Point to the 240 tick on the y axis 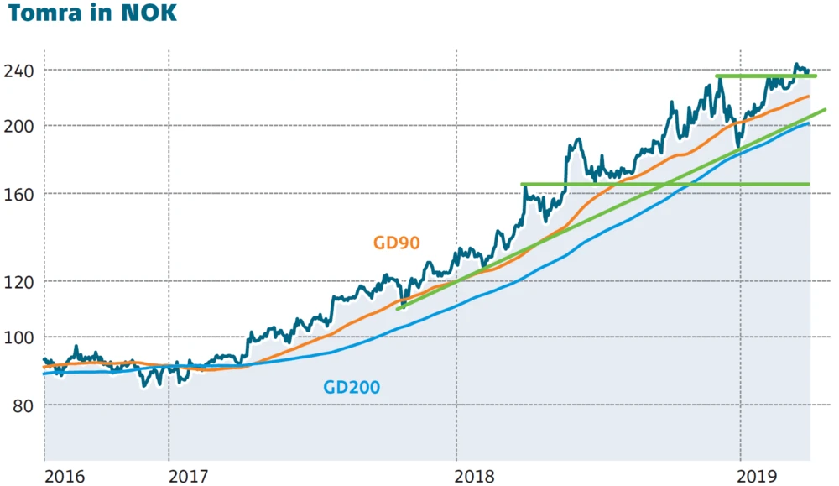click(x=18, y=71)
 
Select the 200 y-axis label click(x=18, y=126)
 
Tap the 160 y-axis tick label click(x=18, y=194)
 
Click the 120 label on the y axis click(x=18, y=282)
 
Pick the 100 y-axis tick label click(x=18, y=337)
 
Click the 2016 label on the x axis click(x=65, y=476)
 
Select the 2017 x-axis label click(x=189, y=476)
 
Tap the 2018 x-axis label click(x=477, y=476)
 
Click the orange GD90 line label click(x=396, y=243)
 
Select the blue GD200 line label click(x=352, y=388)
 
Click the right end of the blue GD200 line click(x=808, y=124)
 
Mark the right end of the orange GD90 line click(x=808, y=97)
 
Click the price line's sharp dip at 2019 click(x=737, y=147)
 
